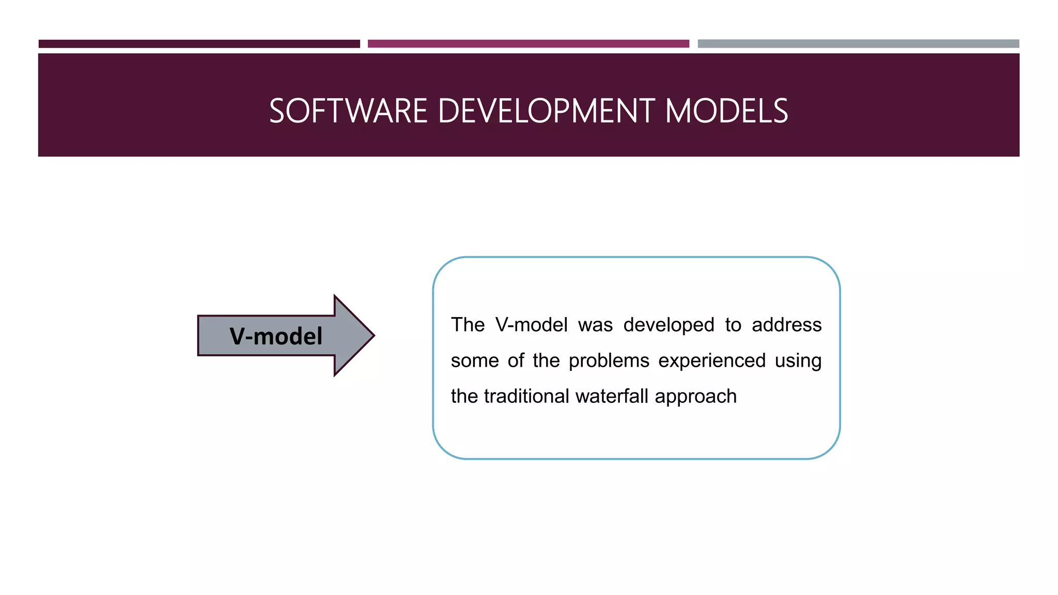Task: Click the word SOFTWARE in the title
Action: coord(348,111)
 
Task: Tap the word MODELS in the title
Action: coord(726,111)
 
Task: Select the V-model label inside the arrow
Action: coord(276,336)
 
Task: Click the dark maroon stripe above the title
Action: coord(199,44)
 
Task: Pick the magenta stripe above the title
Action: coord(528,44)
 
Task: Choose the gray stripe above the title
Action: coord(858,44)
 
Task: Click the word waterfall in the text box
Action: coord(612,396)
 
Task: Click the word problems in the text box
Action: coord(609,361)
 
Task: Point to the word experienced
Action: coord(712,361)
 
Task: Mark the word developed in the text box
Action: coord(668,325)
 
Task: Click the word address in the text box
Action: coord(786,325)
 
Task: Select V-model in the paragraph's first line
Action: coord(531,325)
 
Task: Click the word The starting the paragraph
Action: coord(468,325)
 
